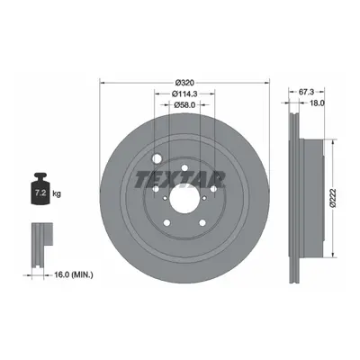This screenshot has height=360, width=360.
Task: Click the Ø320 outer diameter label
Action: tap(184, 82)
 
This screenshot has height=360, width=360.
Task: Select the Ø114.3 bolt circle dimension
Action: tap(184, 94)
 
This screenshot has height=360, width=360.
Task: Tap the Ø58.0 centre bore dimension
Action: tap(184, 104)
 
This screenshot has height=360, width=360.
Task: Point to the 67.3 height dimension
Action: tap(306, 92)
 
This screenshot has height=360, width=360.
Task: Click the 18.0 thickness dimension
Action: tap(317, 103)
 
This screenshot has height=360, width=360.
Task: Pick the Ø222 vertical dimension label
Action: tap(332, 198)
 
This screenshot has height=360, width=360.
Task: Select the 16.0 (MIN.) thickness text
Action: tap(73, 274)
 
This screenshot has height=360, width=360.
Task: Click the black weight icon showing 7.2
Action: tap(40, 189)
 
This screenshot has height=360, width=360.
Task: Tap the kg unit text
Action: tap(57, 193)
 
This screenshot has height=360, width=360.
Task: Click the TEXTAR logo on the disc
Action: tap(180, 180)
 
